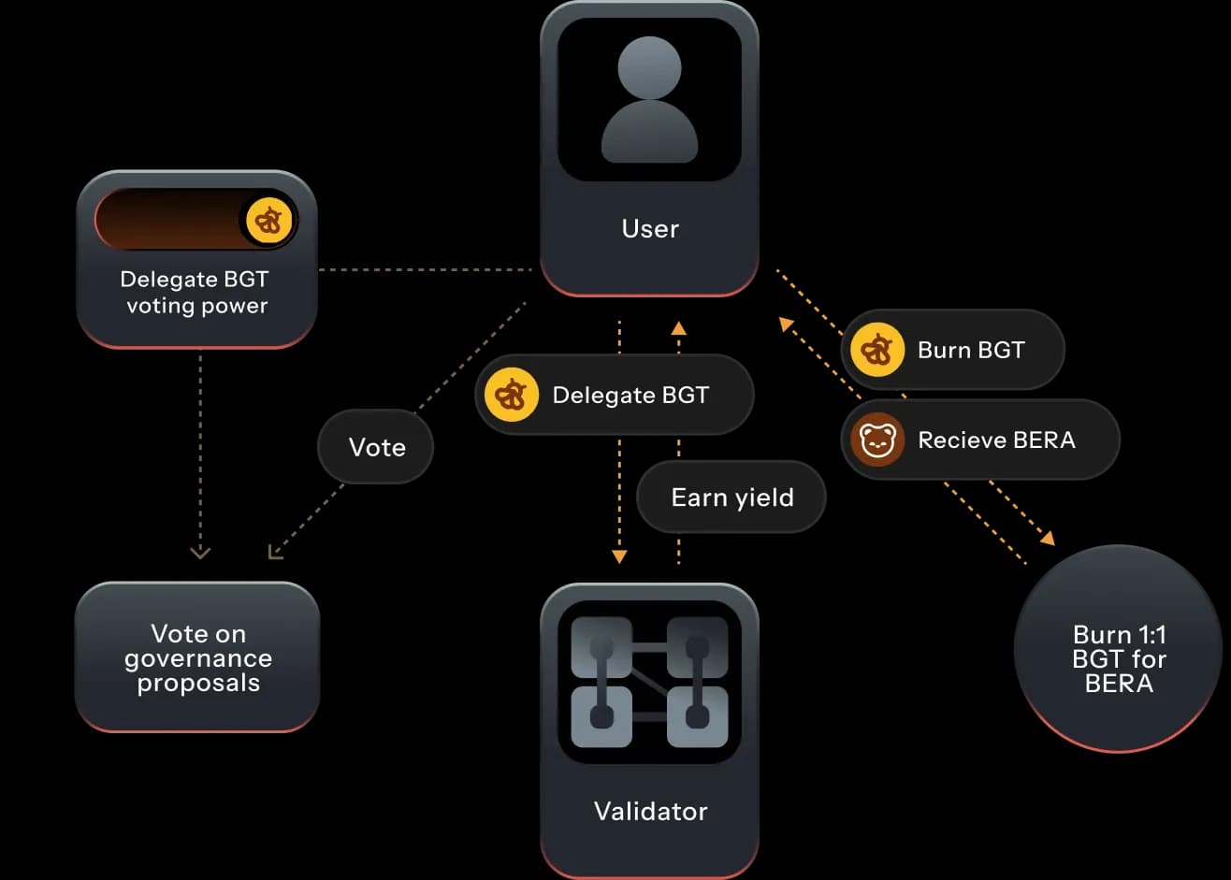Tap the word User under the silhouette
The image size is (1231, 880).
coord(650,228)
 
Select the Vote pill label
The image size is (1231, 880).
coord(376,447)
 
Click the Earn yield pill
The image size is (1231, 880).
coord(731,497)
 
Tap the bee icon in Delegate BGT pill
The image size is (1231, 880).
coord(512,395)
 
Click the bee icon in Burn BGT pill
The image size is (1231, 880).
coord(877,350)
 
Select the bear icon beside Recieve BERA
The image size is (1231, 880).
coord(877,440)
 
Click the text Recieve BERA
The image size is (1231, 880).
coord(996,440)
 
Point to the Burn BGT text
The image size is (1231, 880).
coord(971,350)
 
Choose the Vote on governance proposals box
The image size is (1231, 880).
coord(197,657)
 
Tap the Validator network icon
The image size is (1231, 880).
coord(649,682)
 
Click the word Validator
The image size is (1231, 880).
coord(650,810)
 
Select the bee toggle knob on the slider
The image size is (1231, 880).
coord(269,221)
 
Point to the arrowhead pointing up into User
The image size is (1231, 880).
coord(678,327)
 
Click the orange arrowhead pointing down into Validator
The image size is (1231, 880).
coord(619,556)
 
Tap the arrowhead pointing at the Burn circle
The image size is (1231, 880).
coord(1049,538)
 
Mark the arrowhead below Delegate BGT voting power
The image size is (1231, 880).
coord(199,553)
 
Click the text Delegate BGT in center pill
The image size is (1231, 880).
coord(630,395)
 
